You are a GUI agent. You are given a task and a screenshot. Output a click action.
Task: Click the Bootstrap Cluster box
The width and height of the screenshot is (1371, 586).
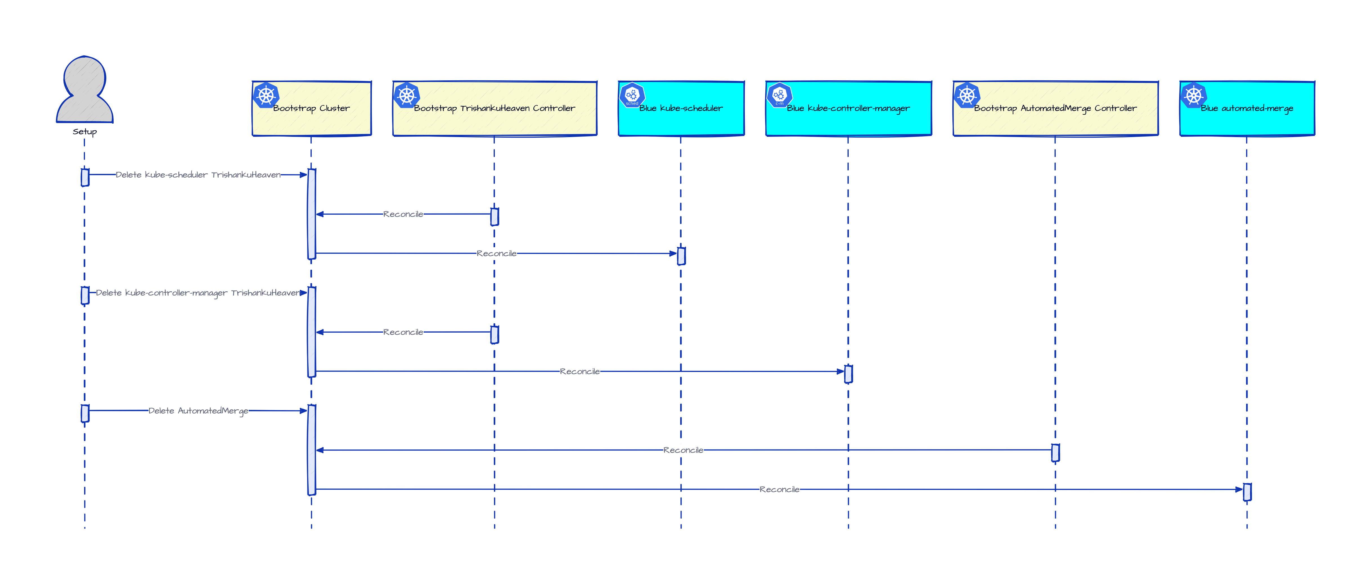(x=311, y=108)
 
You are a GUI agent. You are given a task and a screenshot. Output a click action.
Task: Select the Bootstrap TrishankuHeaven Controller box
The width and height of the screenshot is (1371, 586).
(x=495, y=108)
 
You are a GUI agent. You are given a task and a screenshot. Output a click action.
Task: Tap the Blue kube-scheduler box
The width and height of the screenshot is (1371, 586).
(x=681, y=108)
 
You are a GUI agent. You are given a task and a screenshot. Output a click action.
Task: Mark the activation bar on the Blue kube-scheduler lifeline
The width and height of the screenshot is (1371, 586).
(x=681, y=256)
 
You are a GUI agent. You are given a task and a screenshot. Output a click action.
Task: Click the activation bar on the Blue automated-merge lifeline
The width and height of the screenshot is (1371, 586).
(x=1247, y=492)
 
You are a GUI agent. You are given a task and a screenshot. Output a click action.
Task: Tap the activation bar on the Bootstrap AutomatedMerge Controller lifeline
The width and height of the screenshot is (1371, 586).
(x=1055, y=453)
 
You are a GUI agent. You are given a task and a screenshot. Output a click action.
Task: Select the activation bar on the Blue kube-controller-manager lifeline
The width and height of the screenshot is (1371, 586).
(x=848, y=374)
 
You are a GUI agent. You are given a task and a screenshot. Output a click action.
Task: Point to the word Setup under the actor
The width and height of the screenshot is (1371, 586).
(x=85, y=132)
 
